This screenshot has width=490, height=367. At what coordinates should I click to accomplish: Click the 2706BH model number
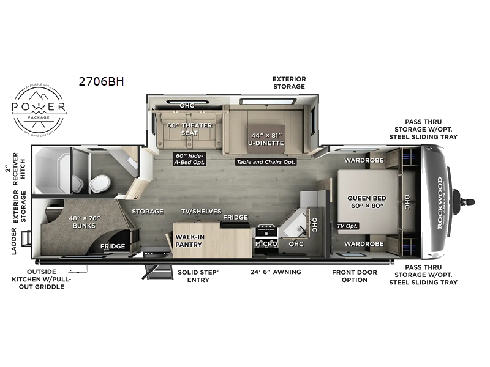[x=101, y=81]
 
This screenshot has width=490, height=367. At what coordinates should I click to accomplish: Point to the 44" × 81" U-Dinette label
[x=266, y=139]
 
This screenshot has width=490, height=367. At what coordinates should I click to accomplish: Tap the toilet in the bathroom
[x=100, y=181]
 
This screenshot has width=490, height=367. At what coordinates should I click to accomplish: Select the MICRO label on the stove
[x=266, y=244]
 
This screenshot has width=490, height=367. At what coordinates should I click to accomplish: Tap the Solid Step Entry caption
[x=194, y=276]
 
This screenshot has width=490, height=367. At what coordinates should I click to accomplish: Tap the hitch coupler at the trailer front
[x=466, y=201]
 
